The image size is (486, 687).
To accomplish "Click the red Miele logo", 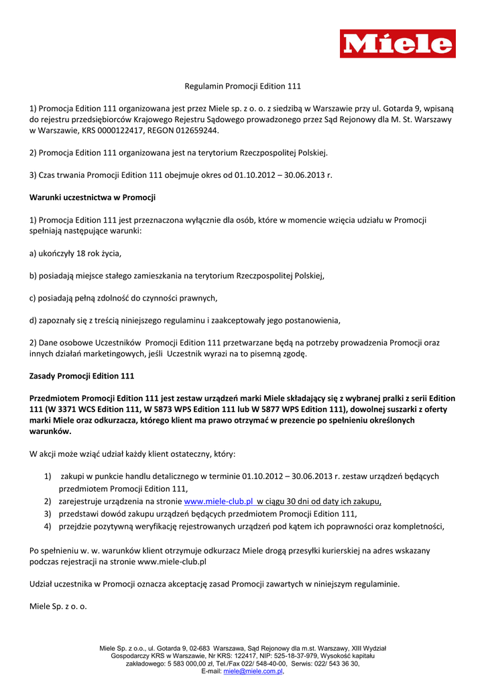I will pos(398,44).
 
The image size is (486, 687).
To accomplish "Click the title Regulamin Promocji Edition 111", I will pos(243,86).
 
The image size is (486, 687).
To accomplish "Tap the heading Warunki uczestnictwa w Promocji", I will pos(93,197).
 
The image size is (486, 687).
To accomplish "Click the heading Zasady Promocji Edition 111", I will pos(82,376).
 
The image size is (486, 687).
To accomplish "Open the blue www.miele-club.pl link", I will pos(218,501).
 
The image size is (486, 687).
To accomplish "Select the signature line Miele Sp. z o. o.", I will pos(58,606).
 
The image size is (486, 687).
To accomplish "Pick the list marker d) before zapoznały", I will pos(34,319).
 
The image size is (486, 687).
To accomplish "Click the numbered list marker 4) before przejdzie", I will pos(48,527).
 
